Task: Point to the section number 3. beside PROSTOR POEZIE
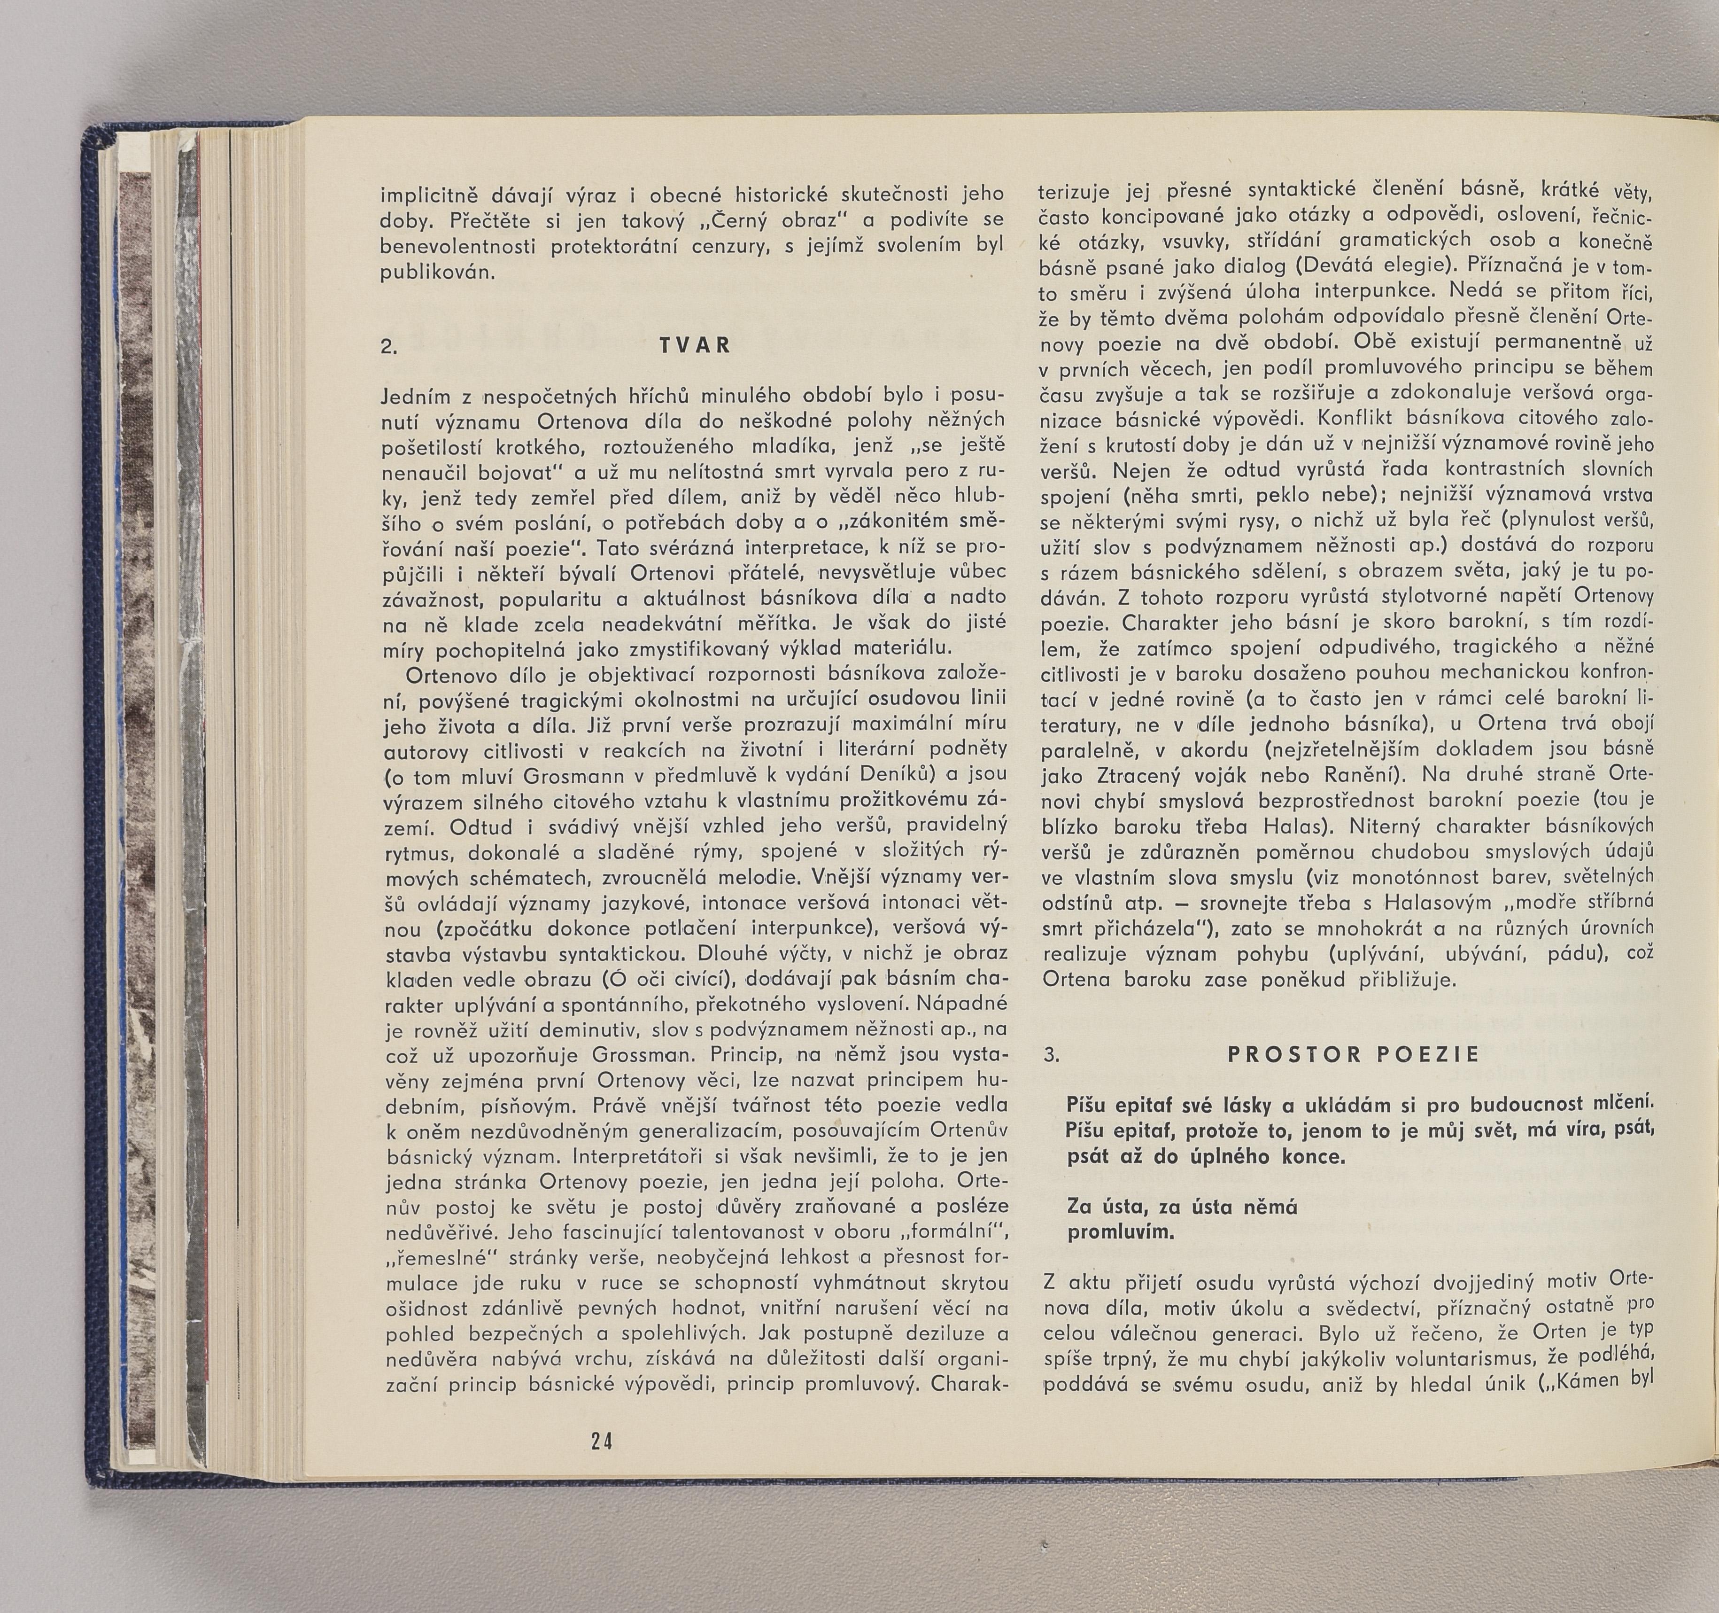pos(1052,1055)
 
